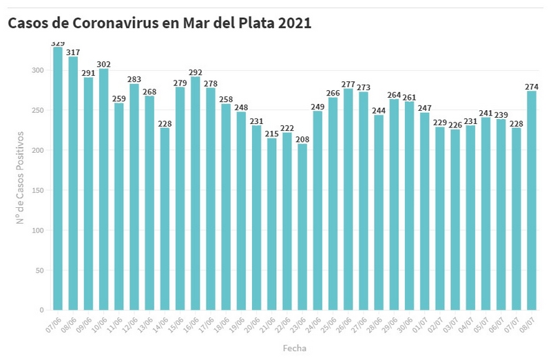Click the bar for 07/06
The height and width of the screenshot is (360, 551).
click(58, 179)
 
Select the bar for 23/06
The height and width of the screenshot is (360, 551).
click(302, 227)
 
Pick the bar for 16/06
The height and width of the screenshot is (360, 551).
click(195, 193)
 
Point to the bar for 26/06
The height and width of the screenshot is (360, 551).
click(348, 200)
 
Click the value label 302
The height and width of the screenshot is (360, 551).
click(103, 64)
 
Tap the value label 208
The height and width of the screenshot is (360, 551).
click(302, 139)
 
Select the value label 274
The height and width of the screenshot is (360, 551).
click(531, 87)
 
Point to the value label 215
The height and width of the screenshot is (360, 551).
click(271, 134)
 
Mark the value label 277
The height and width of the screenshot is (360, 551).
click(348, 84)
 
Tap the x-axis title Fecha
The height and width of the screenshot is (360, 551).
click(294, 348)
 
